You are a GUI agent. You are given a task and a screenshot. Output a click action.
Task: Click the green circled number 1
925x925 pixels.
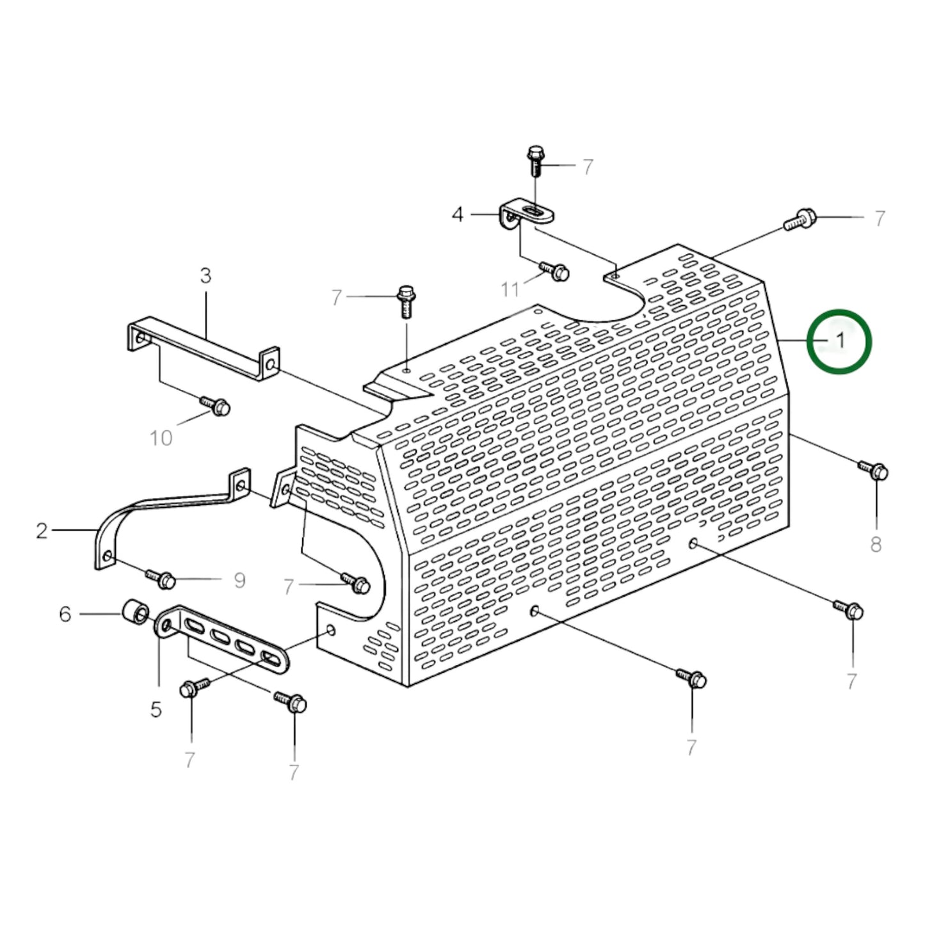[839, 341]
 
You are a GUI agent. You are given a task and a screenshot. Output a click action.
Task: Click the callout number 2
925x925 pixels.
[42, 531]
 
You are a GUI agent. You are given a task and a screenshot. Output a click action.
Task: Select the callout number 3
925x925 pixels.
[205, 276]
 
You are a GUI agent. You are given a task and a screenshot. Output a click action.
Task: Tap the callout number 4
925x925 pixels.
[457, 214]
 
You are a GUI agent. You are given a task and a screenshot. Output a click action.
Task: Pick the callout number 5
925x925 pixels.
[156, 709]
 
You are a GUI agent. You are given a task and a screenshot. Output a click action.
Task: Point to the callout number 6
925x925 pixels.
[65, 615]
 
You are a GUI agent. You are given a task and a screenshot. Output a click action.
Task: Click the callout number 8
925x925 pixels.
[876, 545]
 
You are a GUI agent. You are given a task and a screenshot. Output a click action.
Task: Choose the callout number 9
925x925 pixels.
[239, 581]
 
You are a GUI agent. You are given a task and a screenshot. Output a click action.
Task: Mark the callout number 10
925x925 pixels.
[161, 438]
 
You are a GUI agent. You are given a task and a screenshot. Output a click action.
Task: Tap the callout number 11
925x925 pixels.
[510, 290]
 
